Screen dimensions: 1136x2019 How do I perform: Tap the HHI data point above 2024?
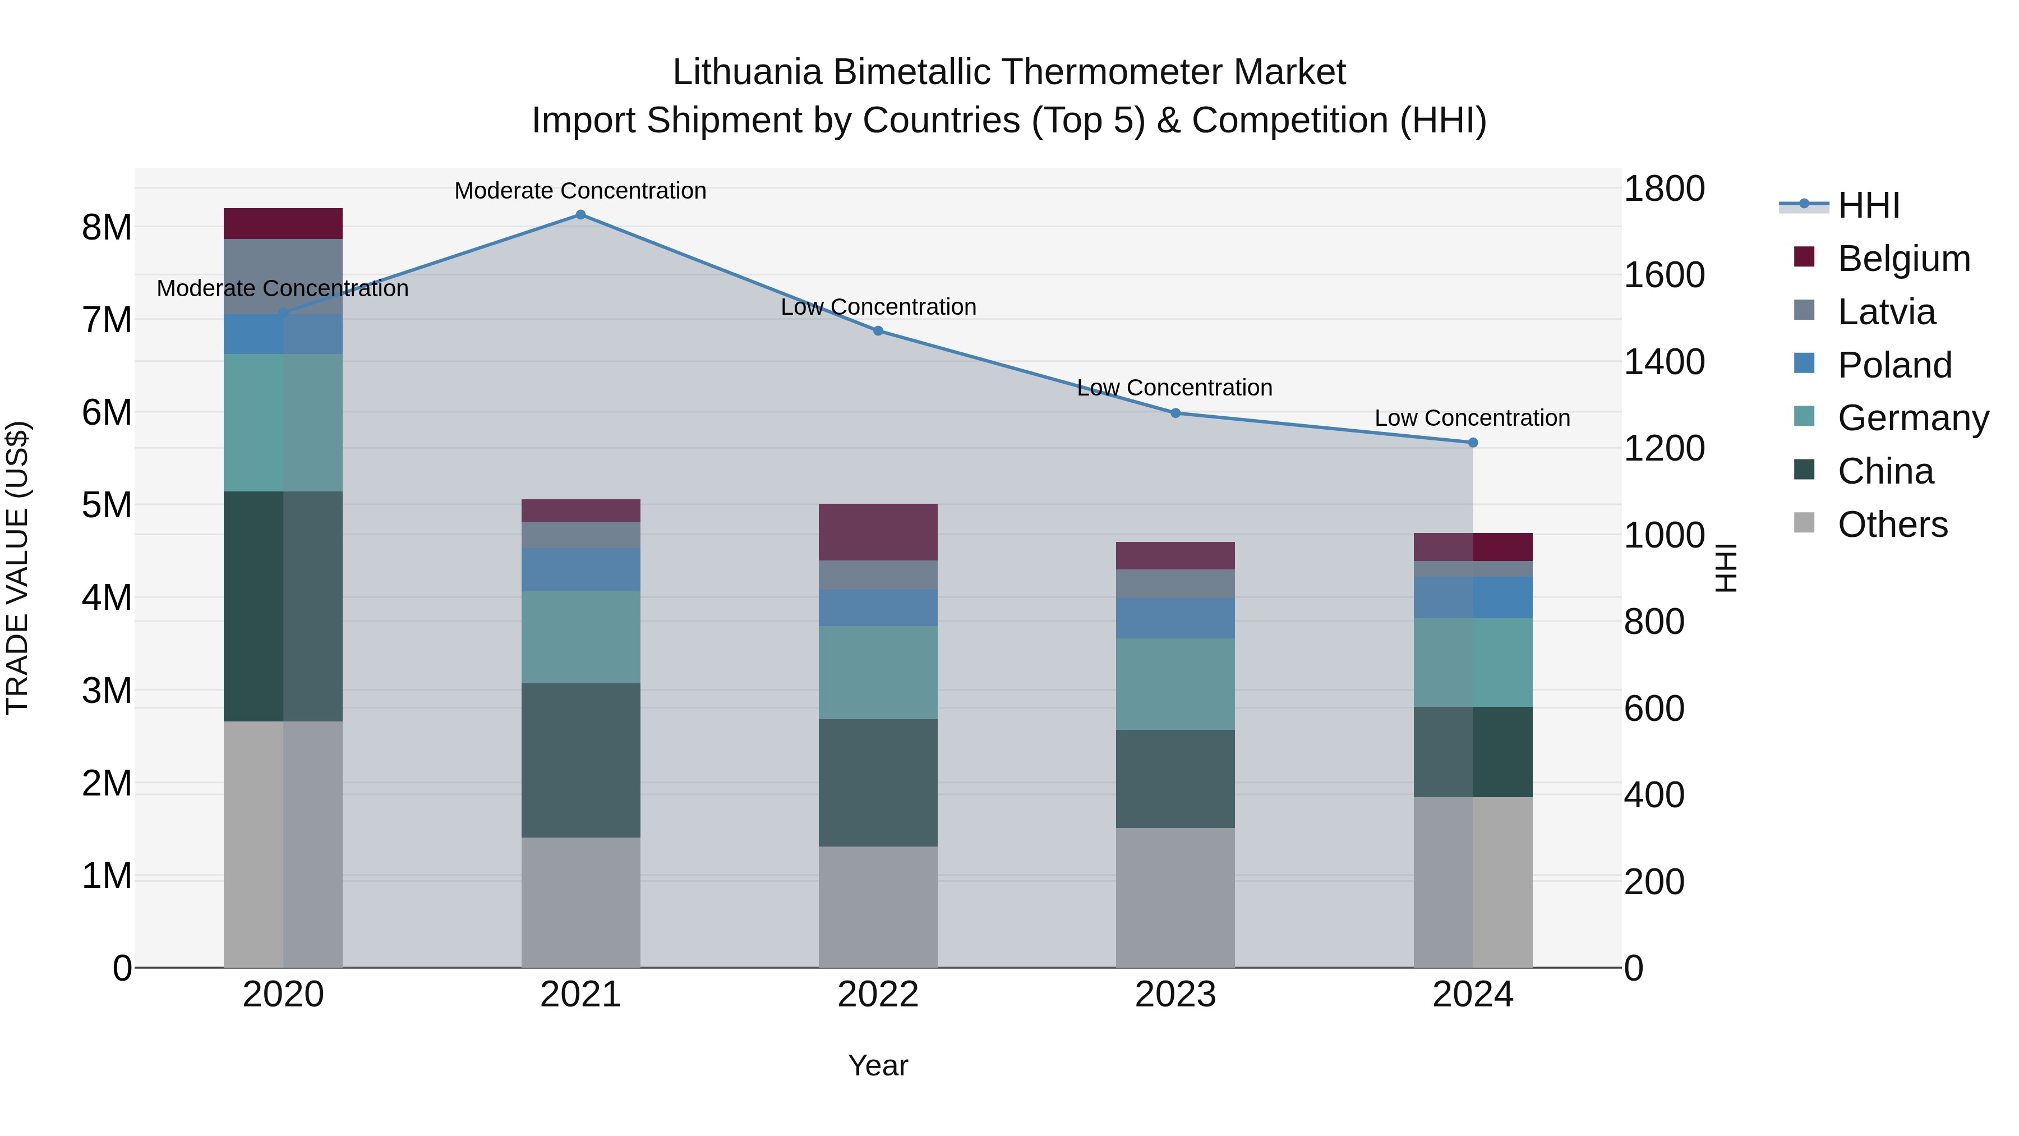tap(1473, 443)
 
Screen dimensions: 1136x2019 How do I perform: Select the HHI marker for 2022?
tap(878, 331)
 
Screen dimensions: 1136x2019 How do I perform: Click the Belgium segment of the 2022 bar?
tap(878, 532)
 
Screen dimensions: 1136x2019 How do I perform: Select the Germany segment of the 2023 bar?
tap(1175, 684)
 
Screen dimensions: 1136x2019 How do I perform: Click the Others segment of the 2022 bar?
tap(878, 907)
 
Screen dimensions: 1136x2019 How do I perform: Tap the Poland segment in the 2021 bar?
tap(581, 569)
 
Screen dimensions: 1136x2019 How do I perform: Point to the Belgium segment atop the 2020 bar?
tap(283, 223)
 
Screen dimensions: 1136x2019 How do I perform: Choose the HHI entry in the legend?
tap(1869, 205)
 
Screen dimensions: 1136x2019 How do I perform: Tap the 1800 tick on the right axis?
tap(1664, 189)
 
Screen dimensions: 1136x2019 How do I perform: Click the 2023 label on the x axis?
tap(1175, 995)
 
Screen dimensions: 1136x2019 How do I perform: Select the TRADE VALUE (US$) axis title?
tap(17, 568)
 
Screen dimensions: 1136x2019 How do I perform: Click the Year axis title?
tap(878, 1065)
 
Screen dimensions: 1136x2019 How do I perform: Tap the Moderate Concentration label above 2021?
tap(580, 191)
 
